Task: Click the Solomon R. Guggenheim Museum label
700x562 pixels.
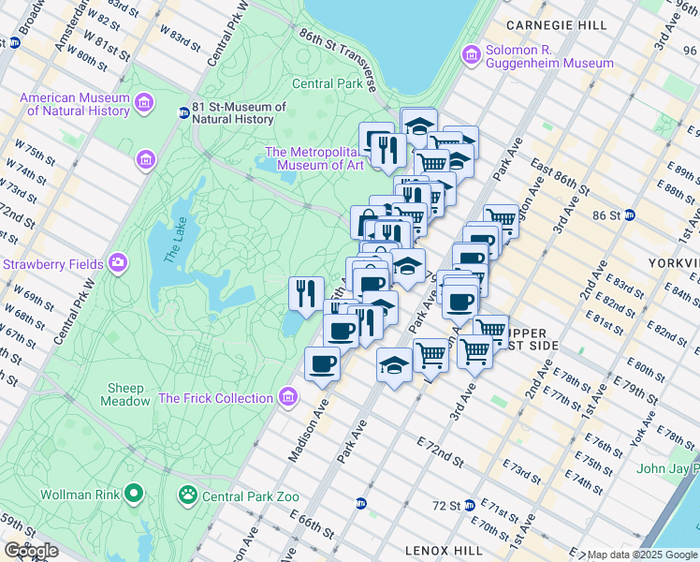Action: click(548, 56)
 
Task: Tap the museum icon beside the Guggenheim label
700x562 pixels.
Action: click(472, 56)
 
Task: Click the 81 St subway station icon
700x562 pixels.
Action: click(184, 113)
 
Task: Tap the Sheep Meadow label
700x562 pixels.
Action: click(125, 394)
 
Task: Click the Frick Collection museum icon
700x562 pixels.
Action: click(287, 398)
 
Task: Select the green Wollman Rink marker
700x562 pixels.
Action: click(134, 493)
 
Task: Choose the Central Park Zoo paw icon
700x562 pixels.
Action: click(188, 493)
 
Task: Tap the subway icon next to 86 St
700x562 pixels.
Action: click(630, 214)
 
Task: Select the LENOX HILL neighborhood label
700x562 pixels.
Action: click(441, 550)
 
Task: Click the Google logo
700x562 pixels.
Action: click(31, 551)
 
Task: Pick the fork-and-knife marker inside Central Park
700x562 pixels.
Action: click(306, 293)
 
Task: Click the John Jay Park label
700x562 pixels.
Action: click(668, 468)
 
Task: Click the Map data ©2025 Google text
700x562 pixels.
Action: click(642, 555)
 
